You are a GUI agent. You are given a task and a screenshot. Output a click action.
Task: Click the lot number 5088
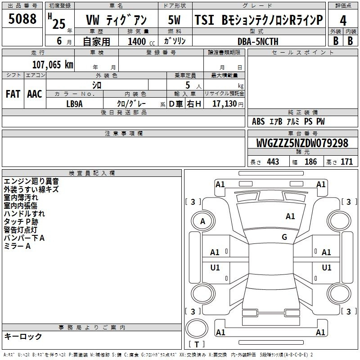pyautogui.click(x=22, y=19)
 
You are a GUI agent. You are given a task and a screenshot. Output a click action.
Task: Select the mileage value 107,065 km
pyautogui.click(x=53, y=65)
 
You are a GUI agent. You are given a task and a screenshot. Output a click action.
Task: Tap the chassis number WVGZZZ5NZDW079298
pyautogui.click(x=302, y=143)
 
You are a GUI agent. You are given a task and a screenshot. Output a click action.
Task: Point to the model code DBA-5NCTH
pyautogui.click(x=258, y=41)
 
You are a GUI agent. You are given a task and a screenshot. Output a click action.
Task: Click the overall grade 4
pyautogui.click(x=343, y=21)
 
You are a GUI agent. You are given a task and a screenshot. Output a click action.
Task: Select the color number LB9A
pyautogui.click(x=74, y=104)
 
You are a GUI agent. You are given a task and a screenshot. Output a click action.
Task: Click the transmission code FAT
pyautogui.click(x=13, y=94)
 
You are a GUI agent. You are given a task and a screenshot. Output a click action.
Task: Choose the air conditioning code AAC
pyautogui.click(x=35, y=94)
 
